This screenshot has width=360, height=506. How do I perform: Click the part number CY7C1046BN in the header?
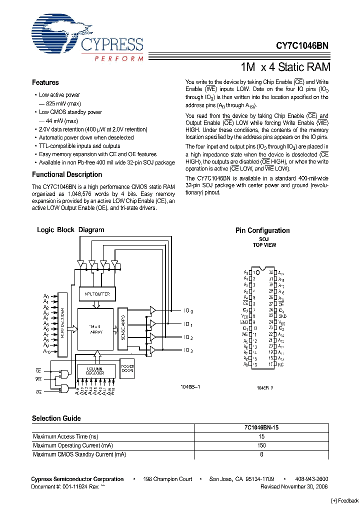pos(302,45)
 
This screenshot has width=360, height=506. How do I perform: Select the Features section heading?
pos(45,82)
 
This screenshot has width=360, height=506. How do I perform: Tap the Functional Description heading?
pos(67,174)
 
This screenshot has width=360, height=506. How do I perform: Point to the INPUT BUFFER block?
pos(97,294)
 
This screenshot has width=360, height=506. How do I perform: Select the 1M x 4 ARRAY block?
pos(96,328)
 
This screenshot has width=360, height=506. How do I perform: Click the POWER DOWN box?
pos(127,367)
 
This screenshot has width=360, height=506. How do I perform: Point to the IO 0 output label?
pos(187,311)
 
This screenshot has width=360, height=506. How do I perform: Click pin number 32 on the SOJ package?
pos(271,272)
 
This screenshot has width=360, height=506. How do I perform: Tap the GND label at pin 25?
pos(282,316)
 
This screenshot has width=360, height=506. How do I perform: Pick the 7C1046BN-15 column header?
pos(261,428)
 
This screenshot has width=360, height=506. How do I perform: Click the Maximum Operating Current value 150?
pos(261,445)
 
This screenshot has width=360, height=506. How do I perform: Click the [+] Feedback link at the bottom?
pos(345,500)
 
